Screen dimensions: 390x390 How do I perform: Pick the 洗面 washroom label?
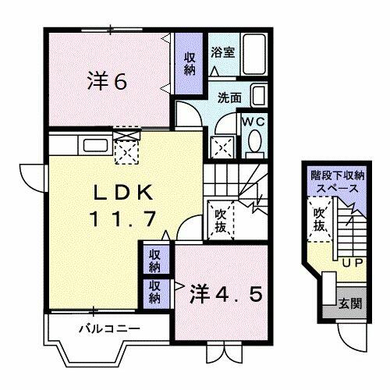coord(229,99)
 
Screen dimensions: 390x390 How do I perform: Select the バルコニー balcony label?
coord(109,328)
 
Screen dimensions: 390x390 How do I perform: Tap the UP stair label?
coord(350,263)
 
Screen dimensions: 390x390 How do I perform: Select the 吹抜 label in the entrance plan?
coord(320,220)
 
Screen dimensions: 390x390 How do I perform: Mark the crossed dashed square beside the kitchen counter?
coord(126,147)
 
